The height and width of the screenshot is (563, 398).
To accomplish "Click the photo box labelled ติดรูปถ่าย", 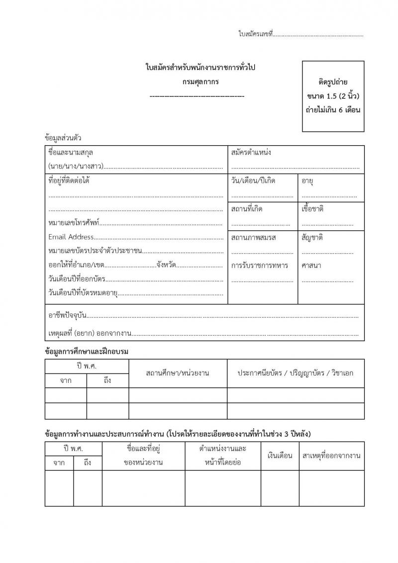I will click(x=333, y=96).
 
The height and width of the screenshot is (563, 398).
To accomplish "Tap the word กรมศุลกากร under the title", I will click(x=200, y=81).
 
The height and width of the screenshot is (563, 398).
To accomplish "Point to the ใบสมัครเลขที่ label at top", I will click(x=256, y=34).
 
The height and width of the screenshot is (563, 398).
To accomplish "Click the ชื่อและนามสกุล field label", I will click(x=71, y=152).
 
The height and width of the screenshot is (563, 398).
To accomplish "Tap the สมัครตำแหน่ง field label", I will click(x=251, y=152).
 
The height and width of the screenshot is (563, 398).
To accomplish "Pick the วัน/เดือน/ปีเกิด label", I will click(x=253, y=181).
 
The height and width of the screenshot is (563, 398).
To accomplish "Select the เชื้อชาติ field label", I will click(x=312, y=209).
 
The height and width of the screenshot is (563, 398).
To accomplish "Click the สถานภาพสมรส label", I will click(x=254, y=237).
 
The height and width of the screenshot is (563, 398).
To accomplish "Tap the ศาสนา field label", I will click(x=311, y=265).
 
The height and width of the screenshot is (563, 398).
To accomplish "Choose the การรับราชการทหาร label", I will click(x=260, y=265).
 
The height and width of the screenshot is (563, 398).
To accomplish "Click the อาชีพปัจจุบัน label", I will click(x=68, y=315).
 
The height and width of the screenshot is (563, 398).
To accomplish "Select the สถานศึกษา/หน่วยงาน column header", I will click(x=178, y=373).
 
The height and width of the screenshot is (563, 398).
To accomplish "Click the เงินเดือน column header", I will click(x=280, y=456).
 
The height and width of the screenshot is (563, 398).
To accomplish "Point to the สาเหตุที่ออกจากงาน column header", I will click(x=331, y=456).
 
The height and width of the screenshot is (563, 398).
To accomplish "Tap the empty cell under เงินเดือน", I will click(x=280, y=488).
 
